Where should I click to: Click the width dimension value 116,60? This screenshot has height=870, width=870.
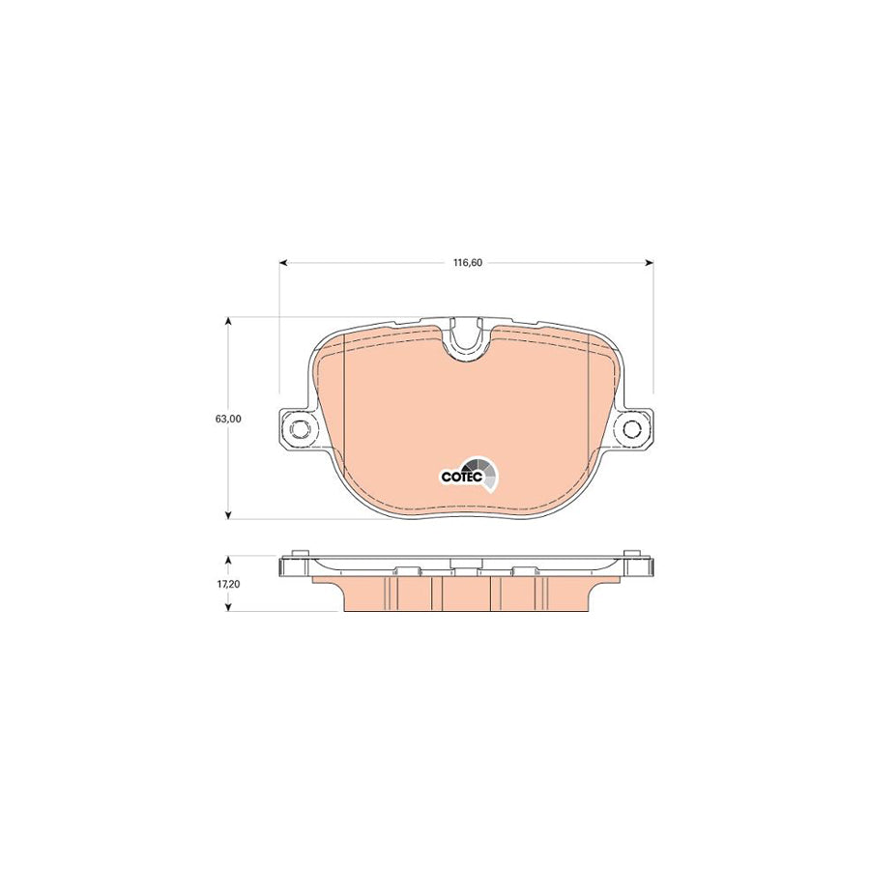point(466,262)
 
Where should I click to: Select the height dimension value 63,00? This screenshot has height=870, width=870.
point(228,419)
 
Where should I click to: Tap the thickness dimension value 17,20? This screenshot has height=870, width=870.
point(228,584)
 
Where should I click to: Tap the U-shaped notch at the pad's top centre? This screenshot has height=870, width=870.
point(467,339)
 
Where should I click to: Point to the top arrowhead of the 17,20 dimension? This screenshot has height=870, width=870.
point(228,560)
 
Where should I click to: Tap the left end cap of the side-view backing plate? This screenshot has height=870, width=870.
point(285,567)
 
